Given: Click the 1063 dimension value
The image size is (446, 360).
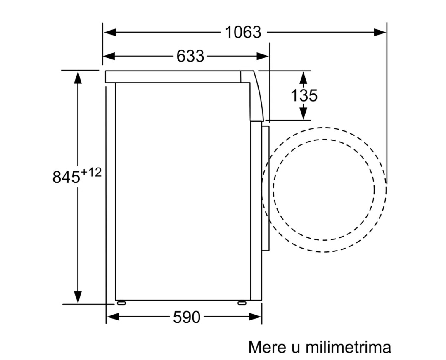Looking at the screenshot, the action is click(243, 32).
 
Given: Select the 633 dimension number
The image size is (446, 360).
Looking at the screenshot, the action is click(190, 56).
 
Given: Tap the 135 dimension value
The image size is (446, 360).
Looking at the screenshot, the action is click(304, 95).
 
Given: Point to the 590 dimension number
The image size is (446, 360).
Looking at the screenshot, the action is click(187, 317).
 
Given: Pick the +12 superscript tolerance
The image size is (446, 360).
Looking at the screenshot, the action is click(91, 172).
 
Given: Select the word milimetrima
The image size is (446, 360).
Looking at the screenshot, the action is click(348, 347).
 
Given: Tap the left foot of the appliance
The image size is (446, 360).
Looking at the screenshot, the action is click(121, 303).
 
